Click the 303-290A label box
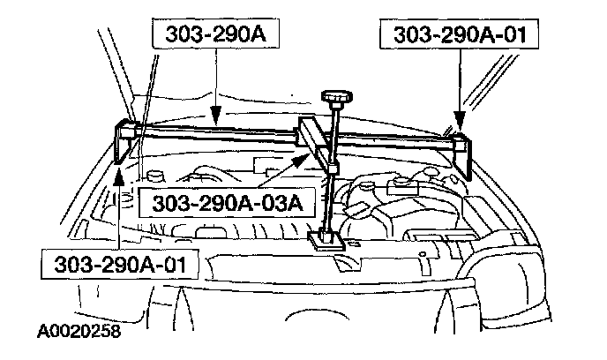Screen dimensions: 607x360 [x=215, y=34]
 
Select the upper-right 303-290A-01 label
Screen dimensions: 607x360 [x=459, y=34]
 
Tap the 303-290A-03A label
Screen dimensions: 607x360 [x=228, y=203]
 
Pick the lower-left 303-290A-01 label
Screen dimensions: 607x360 [x=120, y=265]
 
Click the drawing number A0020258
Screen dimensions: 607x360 [x=79, y=332]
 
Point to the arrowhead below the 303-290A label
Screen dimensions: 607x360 [x=215, y=116]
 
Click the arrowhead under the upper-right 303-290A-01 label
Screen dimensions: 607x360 [x=460, y=121]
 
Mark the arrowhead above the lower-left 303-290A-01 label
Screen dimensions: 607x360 [x=119, y=176]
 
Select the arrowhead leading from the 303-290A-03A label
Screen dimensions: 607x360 [x=301, y=159]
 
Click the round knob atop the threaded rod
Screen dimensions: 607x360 [x=338, y=97]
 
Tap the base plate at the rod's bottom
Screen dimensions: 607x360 [x=326, y=240]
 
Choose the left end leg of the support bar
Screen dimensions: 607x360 [x=124, y=141]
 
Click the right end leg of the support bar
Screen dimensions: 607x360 [x=461, y=155]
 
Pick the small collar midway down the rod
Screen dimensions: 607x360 [x=332, y=169]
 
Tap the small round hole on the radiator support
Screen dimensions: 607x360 [x=423, y=254]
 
